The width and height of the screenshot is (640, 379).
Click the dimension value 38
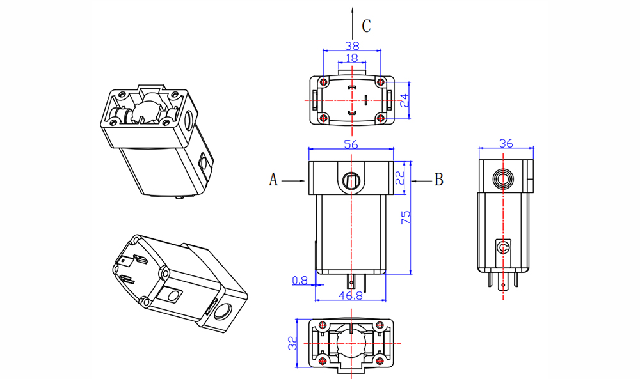coord(351,45)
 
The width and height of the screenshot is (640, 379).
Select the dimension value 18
coord(351,58)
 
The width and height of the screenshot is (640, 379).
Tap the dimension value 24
coord(404,100)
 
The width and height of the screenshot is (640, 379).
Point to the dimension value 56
coord(351,144)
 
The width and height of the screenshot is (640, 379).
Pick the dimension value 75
coord(404,217)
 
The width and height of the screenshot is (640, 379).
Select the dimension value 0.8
coord(299,280)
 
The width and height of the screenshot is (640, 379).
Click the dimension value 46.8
coord(351,296)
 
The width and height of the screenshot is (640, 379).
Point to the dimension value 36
coord(506,144)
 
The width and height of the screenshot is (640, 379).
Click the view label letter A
coord(273,180)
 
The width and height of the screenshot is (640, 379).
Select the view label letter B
coord(438,180)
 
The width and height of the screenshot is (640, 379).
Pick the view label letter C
coord(366,26)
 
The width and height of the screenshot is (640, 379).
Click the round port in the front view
coord(351,180)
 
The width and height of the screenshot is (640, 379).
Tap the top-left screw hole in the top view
coord(323,82)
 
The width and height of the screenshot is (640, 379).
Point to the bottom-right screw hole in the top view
coord(381,118)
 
